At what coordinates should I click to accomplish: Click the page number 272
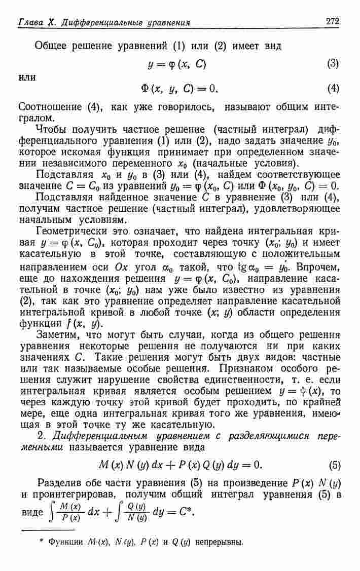click(x=333, y=21)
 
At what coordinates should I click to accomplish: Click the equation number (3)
click(x=333, y=64)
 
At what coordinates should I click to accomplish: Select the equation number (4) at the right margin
click(x=333, y=89)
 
